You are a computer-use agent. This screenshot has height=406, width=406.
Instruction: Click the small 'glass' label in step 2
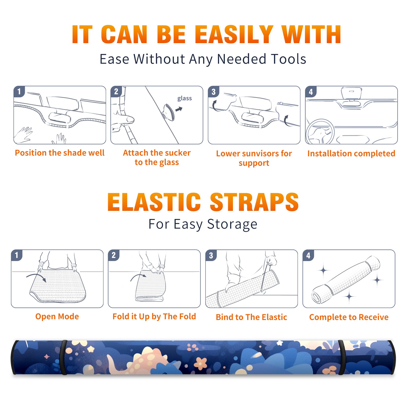184,98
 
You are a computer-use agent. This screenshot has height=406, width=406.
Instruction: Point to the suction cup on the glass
168,112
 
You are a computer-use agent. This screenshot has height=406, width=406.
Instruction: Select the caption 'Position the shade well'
60,153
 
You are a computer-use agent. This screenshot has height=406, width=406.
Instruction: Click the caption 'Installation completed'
351,153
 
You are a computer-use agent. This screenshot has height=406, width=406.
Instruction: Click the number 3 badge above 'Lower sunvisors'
213,92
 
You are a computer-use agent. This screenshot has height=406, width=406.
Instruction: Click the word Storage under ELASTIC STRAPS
232,224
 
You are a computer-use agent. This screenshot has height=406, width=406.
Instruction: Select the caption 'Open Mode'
57,316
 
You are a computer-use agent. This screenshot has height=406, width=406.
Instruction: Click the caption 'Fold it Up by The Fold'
154,317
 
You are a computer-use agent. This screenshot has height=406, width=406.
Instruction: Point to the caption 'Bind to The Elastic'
251,317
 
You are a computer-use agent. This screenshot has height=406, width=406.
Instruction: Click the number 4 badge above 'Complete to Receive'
308,256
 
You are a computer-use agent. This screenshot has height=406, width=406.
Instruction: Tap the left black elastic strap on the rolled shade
63,358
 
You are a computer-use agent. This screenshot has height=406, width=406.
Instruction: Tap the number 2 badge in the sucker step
116,91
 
